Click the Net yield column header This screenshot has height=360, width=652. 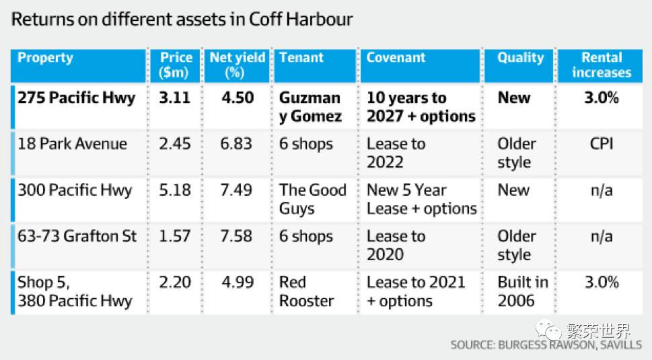coord(237,65)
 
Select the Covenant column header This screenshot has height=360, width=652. coord(396,57)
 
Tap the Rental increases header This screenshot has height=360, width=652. coord(602,65)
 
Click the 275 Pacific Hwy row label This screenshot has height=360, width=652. coord(77,98)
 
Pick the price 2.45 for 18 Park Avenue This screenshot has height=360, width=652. coord(175,144)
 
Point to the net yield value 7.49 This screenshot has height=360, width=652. coord(236,190)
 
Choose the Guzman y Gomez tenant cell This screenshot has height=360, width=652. coord(310,107)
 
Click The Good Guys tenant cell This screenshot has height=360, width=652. coord(313,199)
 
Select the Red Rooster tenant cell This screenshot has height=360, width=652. coord(306,291)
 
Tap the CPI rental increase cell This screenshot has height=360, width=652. coord(602,144)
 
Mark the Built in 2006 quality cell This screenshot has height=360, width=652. coord(523,291)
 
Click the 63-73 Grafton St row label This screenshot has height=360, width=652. coord(77,236)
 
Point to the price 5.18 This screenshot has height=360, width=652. coord(175,190)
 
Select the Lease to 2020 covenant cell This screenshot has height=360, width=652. coord(396,245)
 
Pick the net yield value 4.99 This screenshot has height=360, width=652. coord(238,282)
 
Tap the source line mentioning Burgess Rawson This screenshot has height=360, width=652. coord(546,345)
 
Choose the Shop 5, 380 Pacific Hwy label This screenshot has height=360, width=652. coord(75,291)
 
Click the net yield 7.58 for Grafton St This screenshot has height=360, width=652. coord(236,236)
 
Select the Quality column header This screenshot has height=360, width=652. coord(521,58)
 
